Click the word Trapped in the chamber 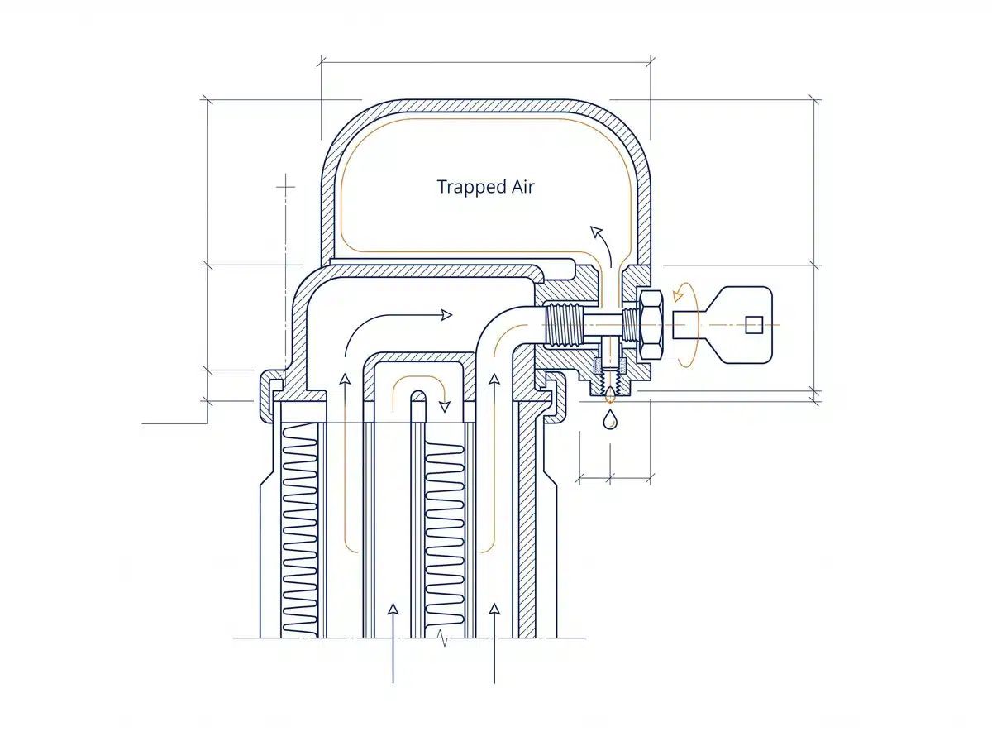click(471, 187)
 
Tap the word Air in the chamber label click(523, 186)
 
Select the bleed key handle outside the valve click(723, 325)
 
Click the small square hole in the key click(754, 325)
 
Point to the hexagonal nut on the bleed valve click(651, 325)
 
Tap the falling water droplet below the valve click(609, 418)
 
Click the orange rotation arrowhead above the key click(677, 296)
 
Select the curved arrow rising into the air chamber click(603, 244)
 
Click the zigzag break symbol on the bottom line click(443, 638)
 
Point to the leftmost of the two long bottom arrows click(393, 643)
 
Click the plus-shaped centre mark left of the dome click(285, 186)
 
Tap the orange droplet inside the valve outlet click(609, 394)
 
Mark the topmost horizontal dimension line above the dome click(486, 62)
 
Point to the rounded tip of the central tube click(418, 394)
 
